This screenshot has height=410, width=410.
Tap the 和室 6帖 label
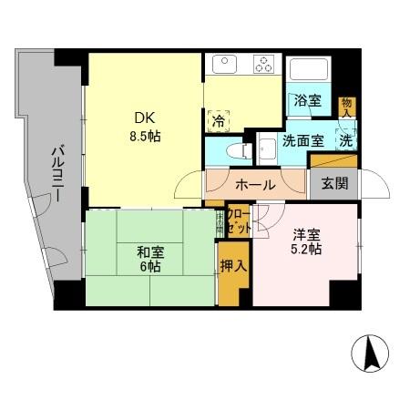coord(150,260)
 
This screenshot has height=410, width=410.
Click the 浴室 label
coord(306,101)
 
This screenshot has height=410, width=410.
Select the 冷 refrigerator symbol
coord(219,118)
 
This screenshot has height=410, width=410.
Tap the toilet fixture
coord(233,147)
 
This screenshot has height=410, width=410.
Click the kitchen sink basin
coord(223,66)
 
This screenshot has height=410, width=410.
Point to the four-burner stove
coord(265,66)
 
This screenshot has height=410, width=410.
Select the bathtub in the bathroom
coord(309,70)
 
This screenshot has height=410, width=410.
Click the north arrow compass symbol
coord(371,354)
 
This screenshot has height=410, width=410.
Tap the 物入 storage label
coord(346,108)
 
